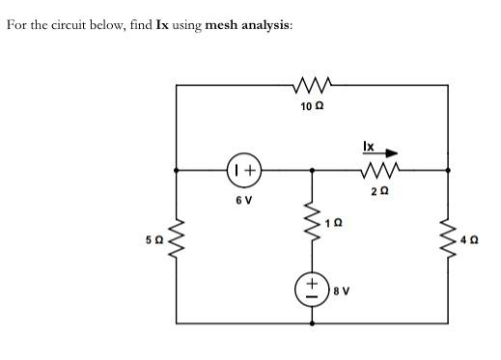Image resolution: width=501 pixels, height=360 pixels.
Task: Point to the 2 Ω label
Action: click(x=376, y=191)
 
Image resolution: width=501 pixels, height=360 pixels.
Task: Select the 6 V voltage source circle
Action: click(x=245, y=171)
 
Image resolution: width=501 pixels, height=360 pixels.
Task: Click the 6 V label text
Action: click(x=244, y=201)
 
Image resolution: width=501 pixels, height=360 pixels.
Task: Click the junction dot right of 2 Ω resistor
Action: click(x=447, y=171)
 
